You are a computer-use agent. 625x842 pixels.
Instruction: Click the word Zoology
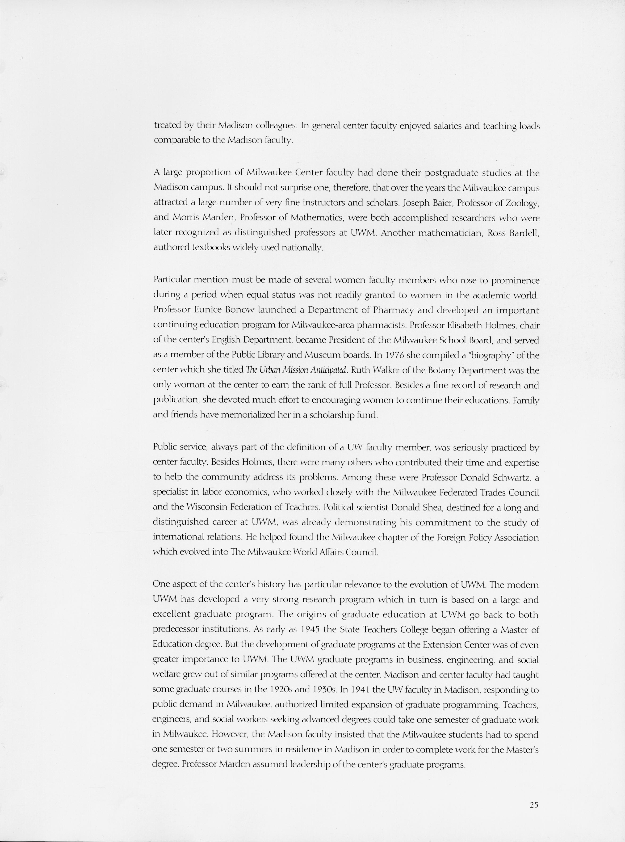pyautogui.click(x=522, y=204)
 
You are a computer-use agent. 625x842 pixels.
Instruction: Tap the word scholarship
pyautogui.click(x=332, y=415)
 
